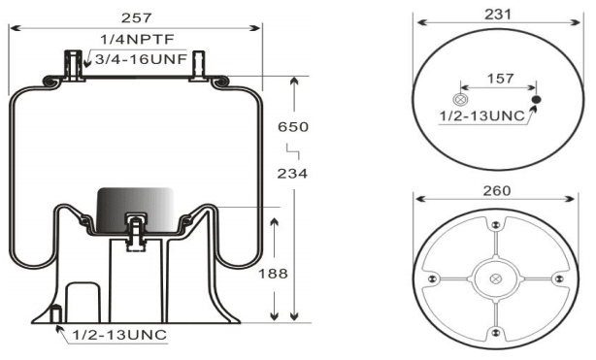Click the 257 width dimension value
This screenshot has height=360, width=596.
coord(136,17)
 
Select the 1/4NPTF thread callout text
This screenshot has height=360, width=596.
coord(137,39)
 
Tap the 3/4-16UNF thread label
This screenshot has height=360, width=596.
coord(141,59)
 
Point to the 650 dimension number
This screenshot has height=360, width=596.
coord(293,126)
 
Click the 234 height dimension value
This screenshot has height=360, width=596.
coord(292,174)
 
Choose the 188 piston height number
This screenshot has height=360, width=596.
coord(273,274)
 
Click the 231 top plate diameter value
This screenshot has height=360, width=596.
coord(498,15)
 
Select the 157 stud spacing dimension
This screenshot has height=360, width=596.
coord(500,79)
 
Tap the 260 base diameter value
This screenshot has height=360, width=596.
coord(497,190)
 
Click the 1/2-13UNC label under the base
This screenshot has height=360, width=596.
coord(119,335)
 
